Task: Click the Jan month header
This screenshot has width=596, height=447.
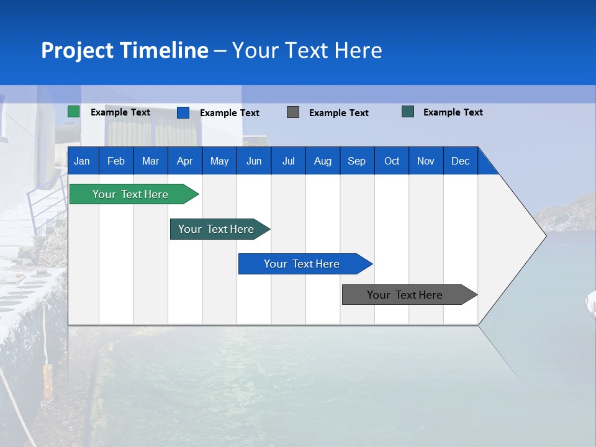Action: [x=83, y=161]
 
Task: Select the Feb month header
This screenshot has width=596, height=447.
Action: [x=116, y=161]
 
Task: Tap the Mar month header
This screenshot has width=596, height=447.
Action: [x=150, y=161]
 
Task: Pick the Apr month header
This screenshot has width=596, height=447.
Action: [x=185, y=161]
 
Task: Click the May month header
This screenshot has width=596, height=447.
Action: [x=219, y=161]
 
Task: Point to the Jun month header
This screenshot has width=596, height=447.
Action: [x=254, y=161]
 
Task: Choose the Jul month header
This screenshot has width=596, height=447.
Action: [x=288, y=161]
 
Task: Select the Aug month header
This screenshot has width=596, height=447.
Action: [x=323, y=161]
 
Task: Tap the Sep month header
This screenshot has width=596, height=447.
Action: [x=357, y=161]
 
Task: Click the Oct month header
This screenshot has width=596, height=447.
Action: [x=392, y=161]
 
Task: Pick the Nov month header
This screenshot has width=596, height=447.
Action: [x=426, y=161]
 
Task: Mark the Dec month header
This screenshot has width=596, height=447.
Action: [x=461, y=161]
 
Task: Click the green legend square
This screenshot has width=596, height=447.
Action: [x=74, y=112]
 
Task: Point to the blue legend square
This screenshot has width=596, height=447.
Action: [x=183, y=112]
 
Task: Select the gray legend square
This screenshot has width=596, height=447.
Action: [x=293, y=112]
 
